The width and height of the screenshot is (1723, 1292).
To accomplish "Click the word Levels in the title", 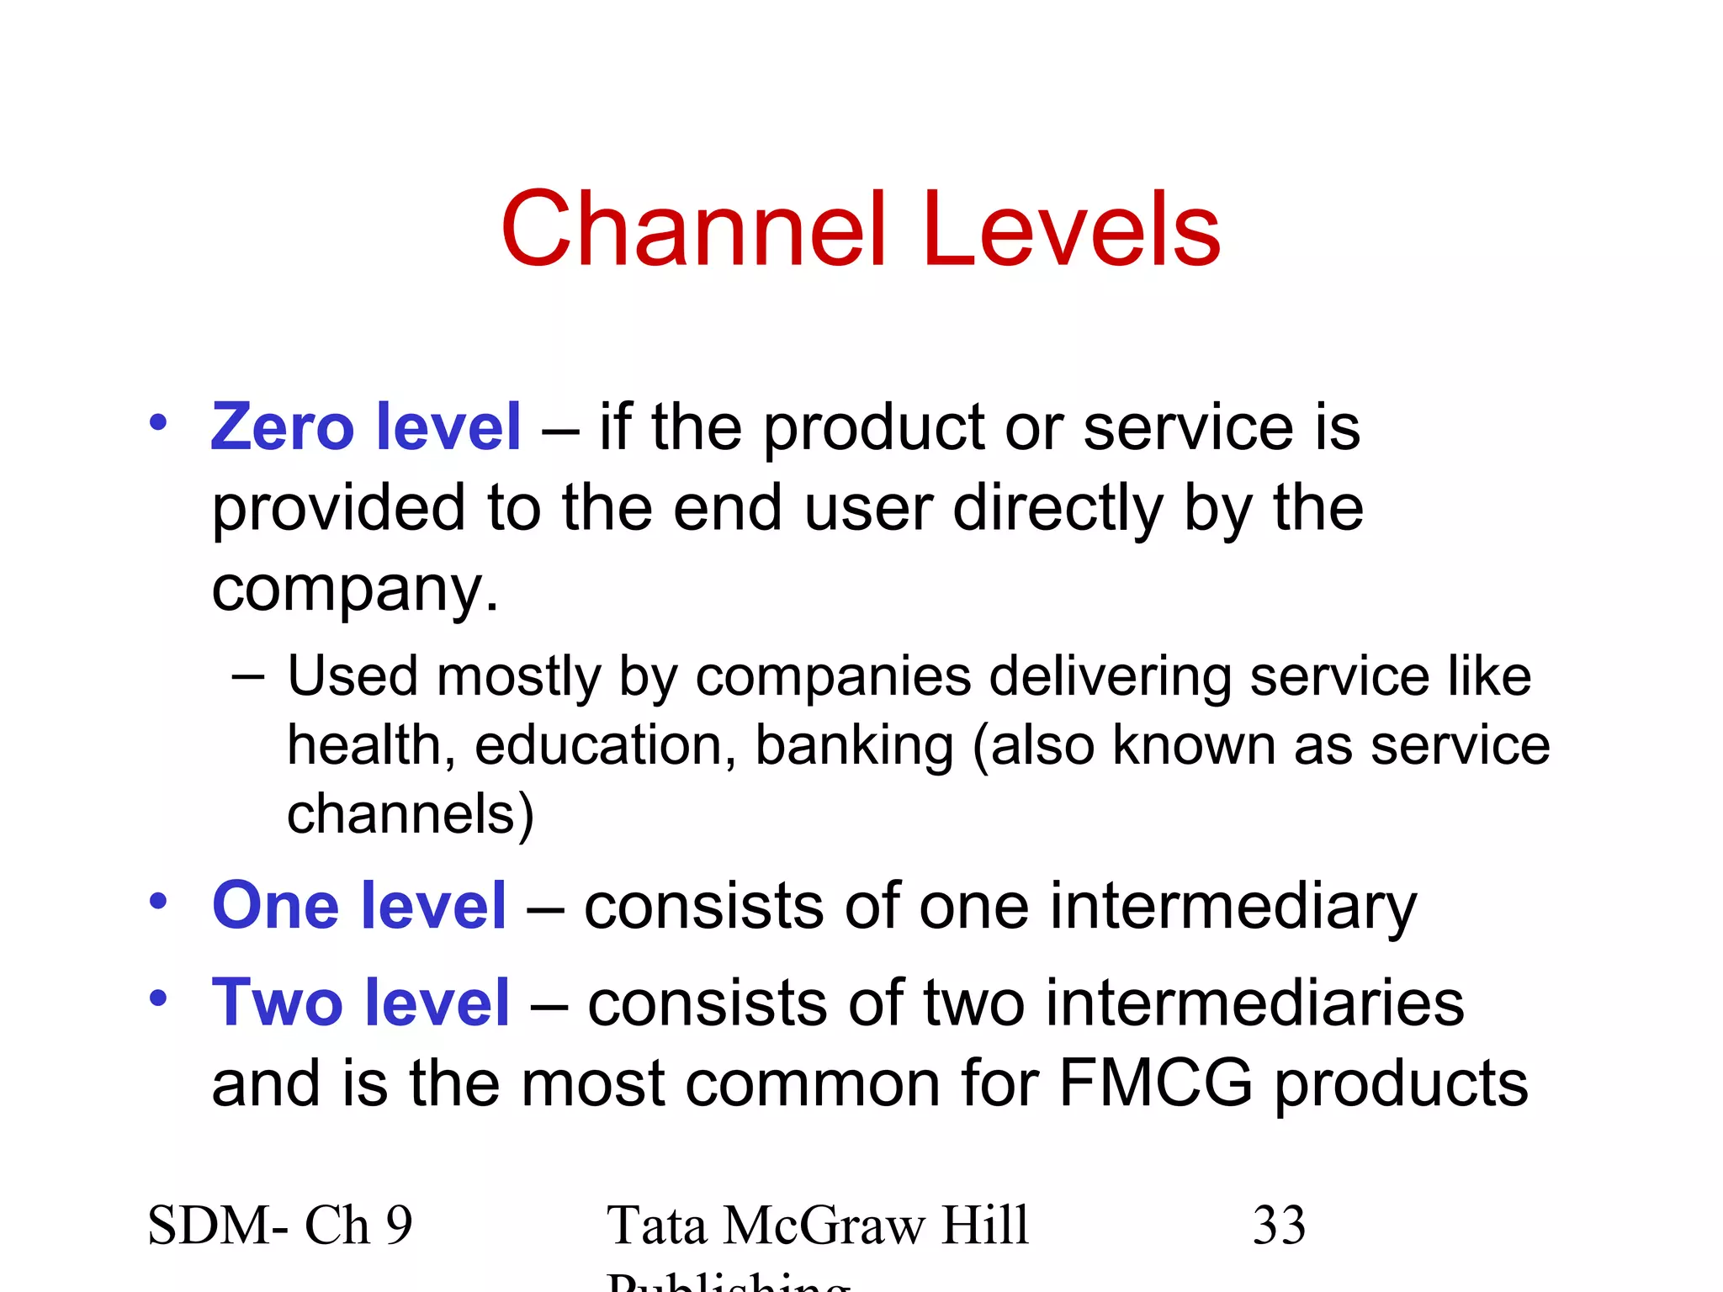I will (1071, 230).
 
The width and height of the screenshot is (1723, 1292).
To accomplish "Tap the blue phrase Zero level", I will (366, 427).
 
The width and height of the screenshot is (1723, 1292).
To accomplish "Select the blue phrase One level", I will (359, 906).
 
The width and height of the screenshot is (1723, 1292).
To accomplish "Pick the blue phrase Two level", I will (361, 1003).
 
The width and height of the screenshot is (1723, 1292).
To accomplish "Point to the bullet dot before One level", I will (158, 901).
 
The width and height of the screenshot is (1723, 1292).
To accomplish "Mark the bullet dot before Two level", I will (158, 998).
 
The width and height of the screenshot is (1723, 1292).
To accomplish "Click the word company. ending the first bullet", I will (355, 590).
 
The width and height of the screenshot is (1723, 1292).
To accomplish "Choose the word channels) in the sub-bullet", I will (411, 815).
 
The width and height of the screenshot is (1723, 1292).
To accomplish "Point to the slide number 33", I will (1279, 1226).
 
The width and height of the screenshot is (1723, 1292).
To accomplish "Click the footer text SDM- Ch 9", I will (280, 1226).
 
